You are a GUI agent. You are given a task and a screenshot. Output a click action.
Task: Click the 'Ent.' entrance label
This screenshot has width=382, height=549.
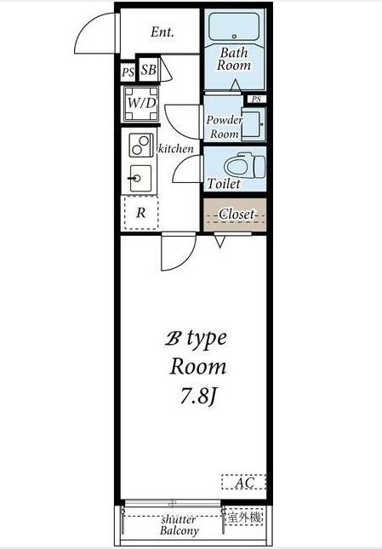tap(162, 32)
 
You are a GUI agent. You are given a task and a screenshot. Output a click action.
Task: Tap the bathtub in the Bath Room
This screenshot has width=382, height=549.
tap(234, 26)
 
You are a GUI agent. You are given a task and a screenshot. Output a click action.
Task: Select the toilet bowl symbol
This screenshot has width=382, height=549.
tap(244, 166)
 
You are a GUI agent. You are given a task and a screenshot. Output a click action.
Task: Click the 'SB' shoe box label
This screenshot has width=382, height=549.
tap(148, 70)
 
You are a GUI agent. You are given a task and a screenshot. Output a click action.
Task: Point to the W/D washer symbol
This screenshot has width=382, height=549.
tap(141, 103)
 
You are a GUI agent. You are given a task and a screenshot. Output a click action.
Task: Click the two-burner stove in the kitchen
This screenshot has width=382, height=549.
tap(141, 145)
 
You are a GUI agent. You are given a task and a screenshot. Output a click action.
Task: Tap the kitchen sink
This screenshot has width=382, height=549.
tap(140, 178)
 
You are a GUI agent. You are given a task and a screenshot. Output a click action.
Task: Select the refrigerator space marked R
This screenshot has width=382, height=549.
tap(141, 213)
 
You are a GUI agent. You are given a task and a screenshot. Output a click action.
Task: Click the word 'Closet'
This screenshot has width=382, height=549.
tap(237, 214)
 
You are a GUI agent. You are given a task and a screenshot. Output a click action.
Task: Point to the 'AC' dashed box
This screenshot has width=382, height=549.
tap(244, 482)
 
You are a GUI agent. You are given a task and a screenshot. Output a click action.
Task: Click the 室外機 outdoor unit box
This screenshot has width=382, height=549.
tap(244, 518)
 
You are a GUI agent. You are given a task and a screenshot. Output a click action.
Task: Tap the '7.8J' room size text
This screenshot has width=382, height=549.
tap(198, 397)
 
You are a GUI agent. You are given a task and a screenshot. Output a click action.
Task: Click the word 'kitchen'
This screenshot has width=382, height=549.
tap(176, 149)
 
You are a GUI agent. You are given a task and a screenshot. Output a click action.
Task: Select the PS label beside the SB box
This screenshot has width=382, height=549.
tap(128, 72)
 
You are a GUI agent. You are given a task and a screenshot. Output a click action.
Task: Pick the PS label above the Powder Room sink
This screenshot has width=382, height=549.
tap(256, 99)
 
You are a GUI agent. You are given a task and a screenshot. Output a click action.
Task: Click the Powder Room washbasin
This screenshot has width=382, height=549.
tap(254, 125)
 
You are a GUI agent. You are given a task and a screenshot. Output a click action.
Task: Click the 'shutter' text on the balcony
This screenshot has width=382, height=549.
tap(179, 519)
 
